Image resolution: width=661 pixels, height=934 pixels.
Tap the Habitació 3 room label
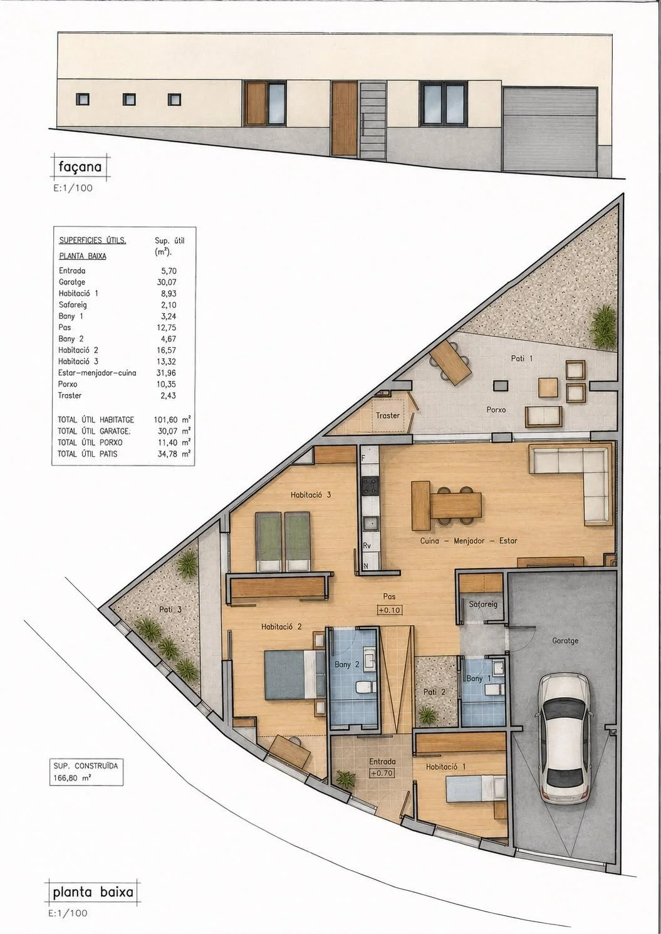click(x=311, y=495)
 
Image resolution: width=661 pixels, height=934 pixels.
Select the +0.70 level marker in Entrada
click(x=382, y=772)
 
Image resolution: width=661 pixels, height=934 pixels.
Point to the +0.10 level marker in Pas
click(x=389, y=610)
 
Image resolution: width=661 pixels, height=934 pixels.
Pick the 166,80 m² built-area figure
click(x=72, y=777)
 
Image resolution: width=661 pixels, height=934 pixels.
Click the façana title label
click(x=80, y=167)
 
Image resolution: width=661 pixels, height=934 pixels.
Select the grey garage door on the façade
click(x=550, y=129)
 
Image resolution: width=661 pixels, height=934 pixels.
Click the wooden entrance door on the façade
click(x=345, y=119)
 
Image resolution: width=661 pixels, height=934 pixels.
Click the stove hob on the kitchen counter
click(x=370, y=485)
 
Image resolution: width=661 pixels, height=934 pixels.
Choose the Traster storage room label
click(x=387, y=415)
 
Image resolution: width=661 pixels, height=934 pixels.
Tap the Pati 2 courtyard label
click(x=434, y=692)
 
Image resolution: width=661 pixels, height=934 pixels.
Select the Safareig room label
click(x=483, y=604)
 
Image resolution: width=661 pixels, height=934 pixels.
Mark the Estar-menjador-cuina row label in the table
click(x=97, y=373)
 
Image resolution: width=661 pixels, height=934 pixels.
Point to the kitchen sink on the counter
click(x=370, y=524)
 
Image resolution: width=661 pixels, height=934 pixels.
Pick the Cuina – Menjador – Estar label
click(x=469, y=541)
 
